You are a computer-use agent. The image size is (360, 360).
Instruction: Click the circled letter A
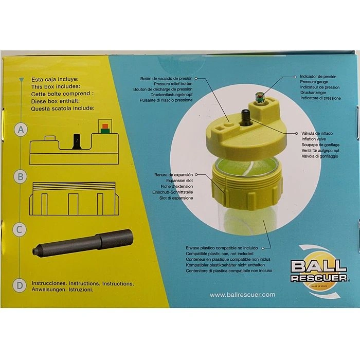pos(21,130)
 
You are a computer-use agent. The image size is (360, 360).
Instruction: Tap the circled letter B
pos(21,177)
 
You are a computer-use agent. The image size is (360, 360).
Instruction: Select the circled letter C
pos(20,229)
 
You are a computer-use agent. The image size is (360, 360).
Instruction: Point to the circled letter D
pos(20,285)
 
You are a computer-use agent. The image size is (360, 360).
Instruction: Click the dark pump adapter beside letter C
pos(83,243)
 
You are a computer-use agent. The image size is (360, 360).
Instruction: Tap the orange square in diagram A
pos(105,126)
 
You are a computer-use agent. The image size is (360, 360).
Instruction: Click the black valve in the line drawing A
pos(76,141)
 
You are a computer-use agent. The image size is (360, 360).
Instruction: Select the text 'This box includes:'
pos(56,86)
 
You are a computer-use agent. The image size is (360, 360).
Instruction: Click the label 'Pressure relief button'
pos(173,84)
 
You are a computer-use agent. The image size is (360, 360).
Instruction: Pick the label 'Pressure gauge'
pos(314,82)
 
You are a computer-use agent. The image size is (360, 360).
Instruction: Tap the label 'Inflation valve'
pos(314,139)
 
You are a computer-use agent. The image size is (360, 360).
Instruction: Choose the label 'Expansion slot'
pos(179,181)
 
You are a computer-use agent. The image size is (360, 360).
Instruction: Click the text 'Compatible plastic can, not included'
pos(220,254)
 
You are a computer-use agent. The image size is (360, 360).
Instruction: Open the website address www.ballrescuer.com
pos(242,295)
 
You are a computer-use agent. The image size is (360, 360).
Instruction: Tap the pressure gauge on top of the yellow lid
pos(259,98)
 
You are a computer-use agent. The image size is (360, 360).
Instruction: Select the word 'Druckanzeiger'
pos(313,93)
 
